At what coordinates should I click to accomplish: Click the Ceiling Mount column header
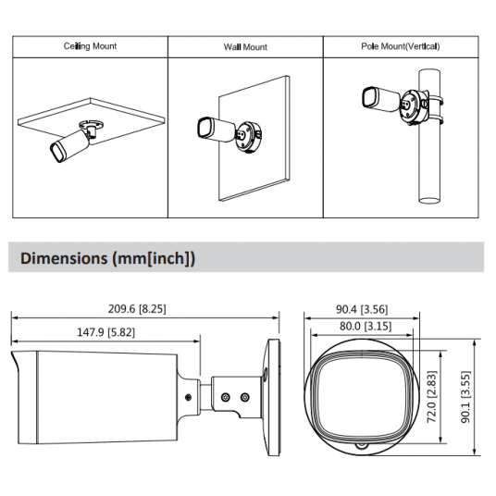tap(90, 46)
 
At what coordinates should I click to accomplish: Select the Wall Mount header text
tap(245, 47)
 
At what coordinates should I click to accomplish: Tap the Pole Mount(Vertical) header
tap(401, 46)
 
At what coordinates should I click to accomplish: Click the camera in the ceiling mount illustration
tap(70, 145)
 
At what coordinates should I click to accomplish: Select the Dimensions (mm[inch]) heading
tap(108, 258)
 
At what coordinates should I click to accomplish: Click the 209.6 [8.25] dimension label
tap(137, 309)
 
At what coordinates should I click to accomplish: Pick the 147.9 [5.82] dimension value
tap(106, 332)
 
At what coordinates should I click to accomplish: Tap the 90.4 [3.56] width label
tap(362, 309)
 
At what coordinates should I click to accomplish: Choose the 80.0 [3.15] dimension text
tap(366, 326)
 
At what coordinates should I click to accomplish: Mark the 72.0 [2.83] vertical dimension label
tap(432, 397)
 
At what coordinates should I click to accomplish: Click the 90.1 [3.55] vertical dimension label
tap(465, 397)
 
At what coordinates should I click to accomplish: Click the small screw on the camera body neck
tap(188, 397)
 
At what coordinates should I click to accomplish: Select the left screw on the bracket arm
tap(225, 397)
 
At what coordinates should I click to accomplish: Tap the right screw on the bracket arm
tap(245, 397)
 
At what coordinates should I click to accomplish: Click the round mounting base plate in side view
tap(271, 397)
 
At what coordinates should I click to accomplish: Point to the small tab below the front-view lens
tap(362, 446)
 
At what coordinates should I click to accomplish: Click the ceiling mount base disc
tap(91, 124)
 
